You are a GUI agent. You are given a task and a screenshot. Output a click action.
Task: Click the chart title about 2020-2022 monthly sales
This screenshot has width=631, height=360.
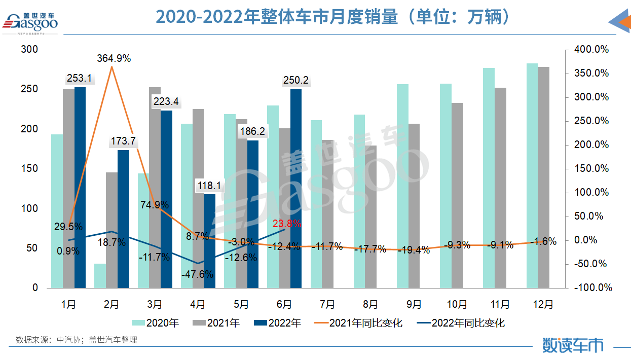(332, 17)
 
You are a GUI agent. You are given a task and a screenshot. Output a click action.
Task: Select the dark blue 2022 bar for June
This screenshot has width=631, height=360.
(295, 188)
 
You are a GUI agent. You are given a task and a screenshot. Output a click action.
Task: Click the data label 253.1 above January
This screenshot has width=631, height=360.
(79, 78)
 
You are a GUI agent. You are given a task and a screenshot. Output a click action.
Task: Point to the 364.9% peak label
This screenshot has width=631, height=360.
(114, 58)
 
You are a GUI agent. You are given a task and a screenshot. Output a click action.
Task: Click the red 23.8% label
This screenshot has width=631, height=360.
(287, 223)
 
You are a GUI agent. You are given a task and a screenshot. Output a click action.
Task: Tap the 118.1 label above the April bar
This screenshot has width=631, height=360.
(208, 186)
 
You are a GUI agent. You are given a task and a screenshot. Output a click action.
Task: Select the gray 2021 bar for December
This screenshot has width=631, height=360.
(543, 177)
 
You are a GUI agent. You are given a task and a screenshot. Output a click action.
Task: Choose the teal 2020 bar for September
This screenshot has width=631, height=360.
(402, 186)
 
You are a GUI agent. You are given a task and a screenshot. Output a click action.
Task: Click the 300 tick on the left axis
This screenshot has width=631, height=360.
(29, 49)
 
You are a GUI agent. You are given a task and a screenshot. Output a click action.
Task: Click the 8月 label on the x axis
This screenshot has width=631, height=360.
(370, 304)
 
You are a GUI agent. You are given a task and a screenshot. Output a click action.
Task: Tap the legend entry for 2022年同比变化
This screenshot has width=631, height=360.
(460, 323)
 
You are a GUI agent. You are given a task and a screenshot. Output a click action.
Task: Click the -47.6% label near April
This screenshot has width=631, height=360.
(198, 274)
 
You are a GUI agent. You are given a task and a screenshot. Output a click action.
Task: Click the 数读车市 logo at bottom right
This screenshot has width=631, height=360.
(573, 345)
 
